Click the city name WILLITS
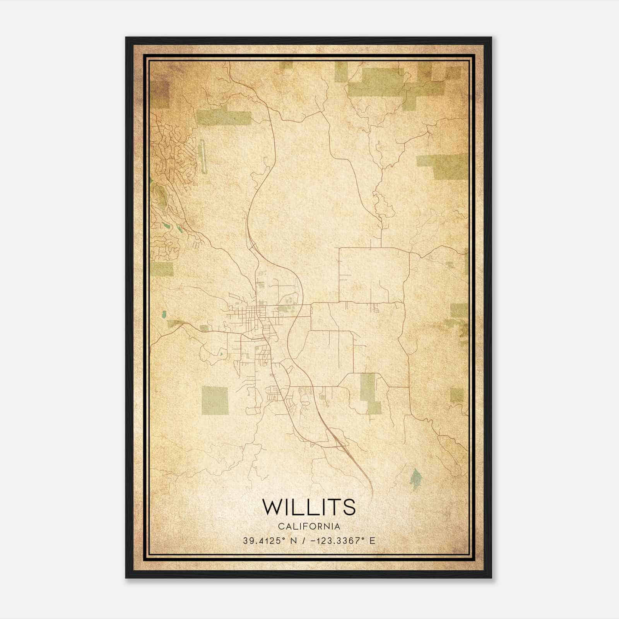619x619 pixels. [309, 507]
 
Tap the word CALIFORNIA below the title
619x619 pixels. [309, 527]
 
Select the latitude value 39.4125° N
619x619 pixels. [270, 541]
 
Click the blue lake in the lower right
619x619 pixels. [416, 479]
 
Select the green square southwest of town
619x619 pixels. [215, 400]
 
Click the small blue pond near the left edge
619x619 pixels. [164, 314]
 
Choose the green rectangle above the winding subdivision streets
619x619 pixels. [224, 118]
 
